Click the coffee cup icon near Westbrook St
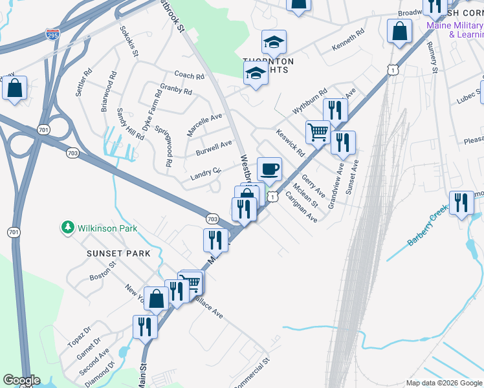coord(270,169)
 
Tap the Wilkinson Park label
coord(107,228)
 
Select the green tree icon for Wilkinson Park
coord(67,228)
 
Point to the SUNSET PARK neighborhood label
coord(118,253)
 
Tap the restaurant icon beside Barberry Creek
coord(461,203)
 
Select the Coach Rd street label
coord(189,76)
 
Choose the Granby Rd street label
coord(176,91)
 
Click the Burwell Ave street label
coord(214,148)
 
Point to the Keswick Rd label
coord(290,144)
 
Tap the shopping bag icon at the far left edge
coord(15,88)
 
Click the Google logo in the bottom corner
coord(21,380)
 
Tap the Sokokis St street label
coord(128,42)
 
